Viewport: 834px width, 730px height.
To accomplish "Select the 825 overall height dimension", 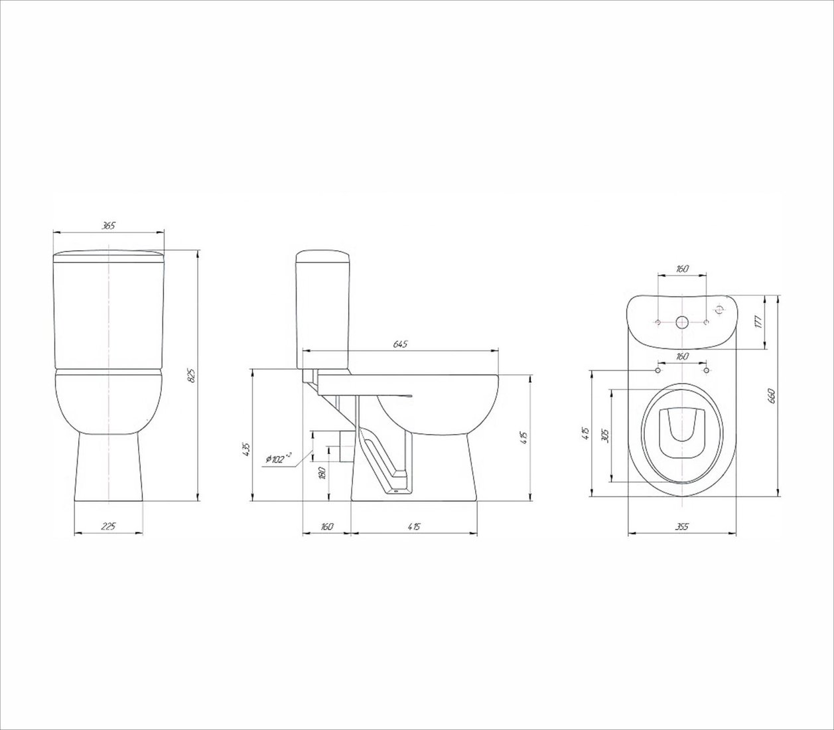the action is pyautogui.click(x=193, y=376).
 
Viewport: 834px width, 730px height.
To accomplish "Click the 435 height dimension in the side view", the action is pyautogui.click(x=245, y=449).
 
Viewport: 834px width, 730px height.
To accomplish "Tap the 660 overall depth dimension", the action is pyautogui.click(x=771, y=395).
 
